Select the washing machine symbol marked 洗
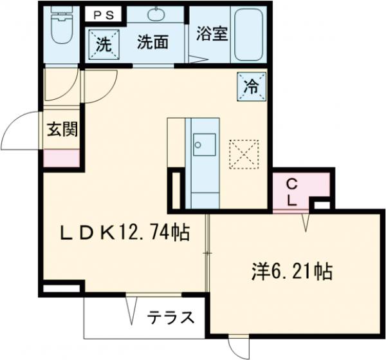[102, 46]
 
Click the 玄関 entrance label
[62, 130]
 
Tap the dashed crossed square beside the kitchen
[243, 154]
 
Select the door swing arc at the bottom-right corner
[239, 348]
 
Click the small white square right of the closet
[321, 205]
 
